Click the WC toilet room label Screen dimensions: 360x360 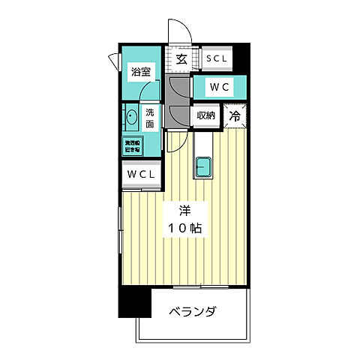click(218, 87)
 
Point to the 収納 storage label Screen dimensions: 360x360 click(206, 116)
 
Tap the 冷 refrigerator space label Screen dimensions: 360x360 click(235, 116)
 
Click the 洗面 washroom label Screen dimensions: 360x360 click(149, 118)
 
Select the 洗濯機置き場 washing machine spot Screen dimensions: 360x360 click(133, 145)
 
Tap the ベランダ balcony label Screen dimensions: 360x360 click(192, 311)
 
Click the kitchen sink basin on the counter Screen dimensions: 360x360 click(203, 166)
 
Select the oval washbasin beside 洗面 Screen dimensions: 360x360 click(132, 118)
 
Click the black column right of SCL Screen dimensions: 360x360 click(241, 57)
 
